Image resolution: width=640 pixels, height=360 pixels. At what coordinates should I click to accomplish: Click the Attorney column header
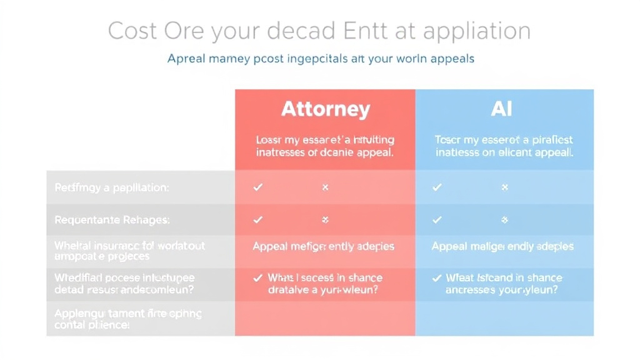325,109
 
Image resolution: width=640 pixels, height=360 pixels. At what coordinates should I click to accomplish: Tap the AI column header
502,109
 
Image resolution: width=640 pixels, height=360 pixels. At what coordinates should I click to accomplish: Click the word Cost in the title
134,31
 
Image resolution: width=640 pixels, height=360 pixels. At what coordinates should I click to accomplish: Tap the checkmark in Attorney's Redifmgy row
257,187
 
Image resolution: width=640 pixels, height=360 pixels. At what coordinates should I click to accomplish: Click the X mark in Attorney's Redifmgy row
325,187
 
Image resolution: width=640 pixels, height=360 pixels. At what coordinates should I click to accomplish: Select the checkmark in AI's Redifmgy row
437,187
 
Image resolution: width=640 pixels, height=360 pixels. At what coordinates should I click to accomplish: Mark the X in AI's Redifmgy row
504,187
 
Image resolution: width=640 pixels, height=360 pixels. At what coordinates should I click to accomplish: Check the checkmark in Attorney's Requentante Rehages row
257,219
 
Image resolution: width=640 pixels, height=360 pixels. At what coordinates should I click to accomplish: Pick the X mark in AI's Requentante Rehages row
504,219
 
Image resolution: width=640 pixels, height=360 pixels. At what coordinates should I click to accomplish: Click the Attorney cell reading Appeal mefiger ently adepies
323,246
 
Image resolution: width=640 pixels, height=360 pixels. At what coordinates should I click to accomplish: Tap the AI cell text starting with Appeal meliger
502,246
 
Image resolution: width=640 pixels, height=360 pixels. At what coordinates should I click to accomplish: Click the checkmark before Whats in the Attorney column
257,277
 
